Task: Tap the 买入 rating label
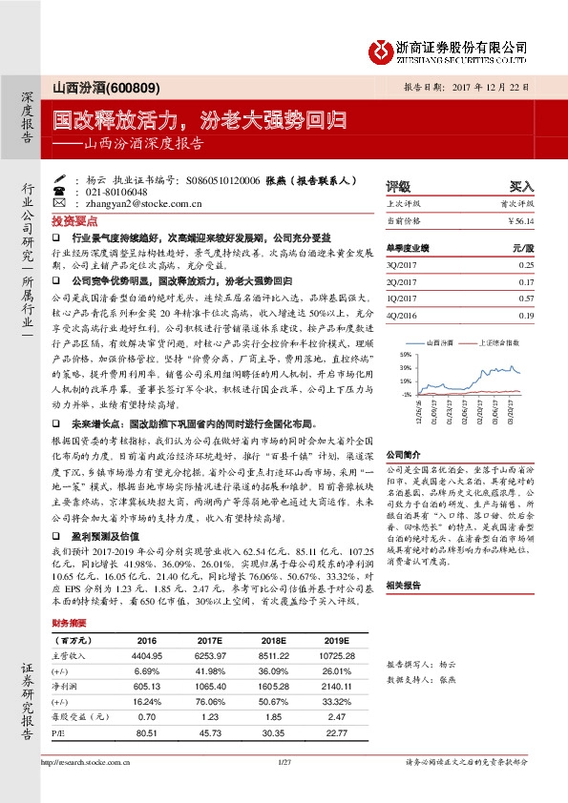pos(521,187)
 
